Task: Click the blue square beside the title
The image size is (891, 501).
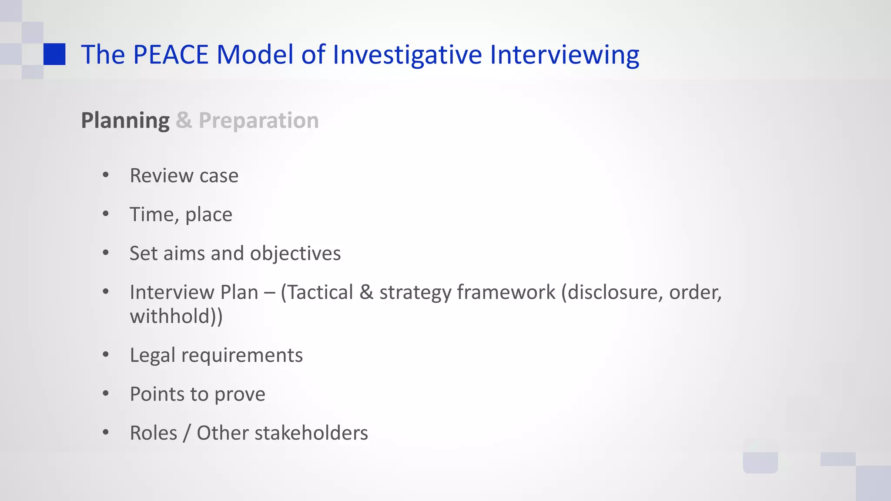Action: click(x=54, y=54)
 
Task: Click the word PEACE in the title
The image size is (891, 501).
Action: click(x=171, y=55)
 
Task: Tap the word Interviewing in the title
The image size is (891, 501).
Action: click(x=564, y=55)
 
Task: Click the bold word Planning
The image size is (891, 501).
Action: click(x=125, y=120)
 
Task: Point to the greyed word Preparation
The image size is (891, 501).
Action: click(x=258, y=120)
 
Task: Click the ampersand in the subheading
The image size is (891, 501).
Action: click(x=184, y=120)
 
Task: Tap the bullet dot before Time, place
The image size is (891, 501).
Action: click(x=106, y=214)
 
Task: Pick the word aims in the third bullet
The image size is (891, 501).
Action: click(x=184, y=254)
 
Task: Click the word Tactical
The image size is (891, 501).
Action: click(x=320, y=292)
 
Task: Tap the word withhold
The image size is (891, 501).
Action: click(x=171, y=316)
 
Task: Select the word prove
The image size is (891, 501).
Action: click(x=240, y=394)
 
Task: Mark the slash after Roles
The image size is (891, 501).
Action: click(x=187, y=433)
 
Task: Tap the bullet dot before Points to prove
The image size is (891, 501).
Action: click(x=106, y=394)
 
